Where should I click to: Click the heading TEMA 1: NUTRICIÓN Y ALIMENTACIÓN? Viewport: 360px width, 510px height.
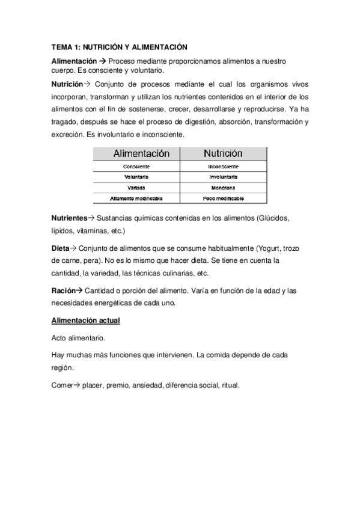point(120,47)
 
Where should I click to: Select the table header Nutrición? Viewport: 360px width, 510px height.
point(223,154)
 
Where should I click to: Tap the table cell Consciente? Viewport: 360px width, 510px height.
point(136,166)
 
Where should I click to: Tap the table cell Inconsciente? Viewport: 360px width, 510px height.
point(223,166)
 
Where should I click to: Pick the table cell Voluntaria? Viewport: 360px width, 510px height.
point(136,177)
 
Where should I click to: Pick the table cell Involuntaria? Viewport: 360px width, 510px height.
point(223,177)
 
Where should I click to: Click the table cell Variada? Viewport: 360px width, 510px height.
point(136,188)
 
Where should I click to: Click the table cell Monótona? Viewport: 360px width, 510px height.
point(223,188)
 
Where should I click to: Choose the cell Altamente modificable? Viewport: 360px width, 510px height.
point(136,198)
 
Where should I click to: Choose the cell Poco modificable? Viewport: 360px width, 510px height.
point(223,198)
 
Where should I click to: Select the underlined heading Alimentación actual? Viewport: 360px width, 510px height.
point(86,321)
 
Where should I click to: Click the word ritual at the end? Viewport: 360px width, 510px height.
point(230,386)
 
